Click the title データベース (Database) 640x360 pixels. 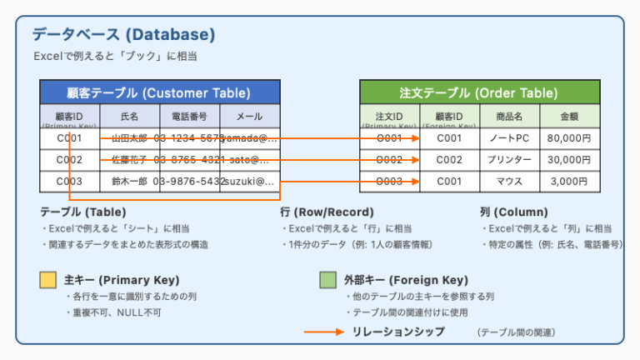pos(123,35)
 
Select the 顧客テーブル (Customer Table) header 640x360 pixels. pos(159,92)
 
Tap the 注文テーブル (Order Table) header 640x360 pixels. pos(480,92)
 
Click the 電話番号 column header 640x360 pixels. pos(189,117)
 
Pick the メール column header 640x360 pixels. pos(249,117)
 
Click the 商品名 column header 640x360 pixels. pos(509,117)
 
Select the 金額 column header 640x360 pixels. pos(569,117)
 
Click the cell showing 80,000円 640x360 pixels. pos(569,138)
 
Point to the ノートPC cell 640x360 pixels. pos(509,138)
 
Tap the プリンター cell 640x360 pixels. pos(509,160)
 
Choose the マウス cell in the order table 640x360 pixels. pos(509,181)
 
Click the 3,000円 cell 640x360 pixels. pos(569,181)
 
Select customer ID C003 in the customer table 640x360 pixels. pos(70,181)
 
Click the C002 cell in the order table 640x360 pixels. pos(449,160)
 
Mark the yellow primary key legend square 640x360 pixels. pos(48,280)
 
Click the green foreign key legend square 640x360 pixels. pos(327,280)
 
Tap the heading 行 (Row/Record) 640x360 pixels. pos(327,212)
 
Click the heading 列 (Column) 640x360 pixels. pos(513,212)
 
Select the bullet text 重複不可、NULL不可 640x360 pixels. pos(112,312)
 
